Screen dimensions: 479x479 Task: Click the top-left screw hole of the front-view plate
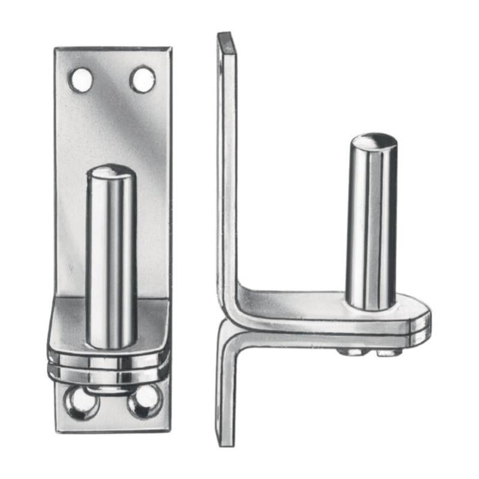click(x=81, y=80)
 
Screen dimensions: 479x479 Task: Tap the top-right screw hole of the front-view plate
click(x=143, y=79)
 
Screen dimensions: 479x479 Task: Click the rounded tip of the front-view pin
click(x=112, y=173)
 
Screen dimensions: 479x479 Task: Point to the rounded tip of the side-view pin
click(x=373, y=143)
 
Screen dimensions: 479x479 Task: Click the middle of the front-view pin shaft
click(x=112, y=258)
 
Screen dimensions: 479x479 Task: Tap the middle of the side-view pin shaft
click(x=371, y=222)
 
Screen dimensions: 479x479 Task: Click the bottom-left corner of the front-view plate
click(x=58, y=429)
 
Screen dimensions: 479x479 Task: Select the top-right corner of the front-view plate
click(x=169, y=49)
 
